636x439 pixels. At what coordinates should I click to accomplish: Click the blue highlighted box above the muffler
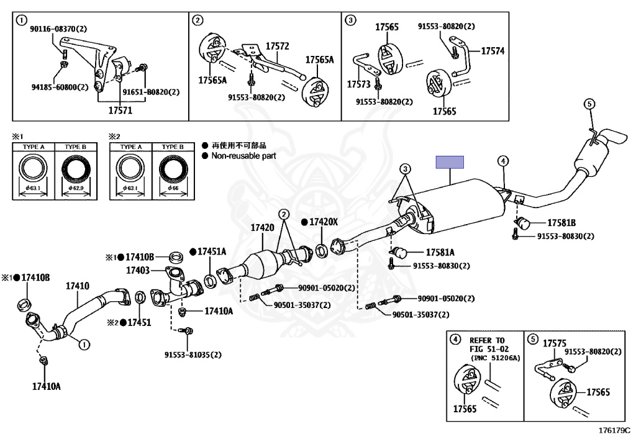(x=450, y=162)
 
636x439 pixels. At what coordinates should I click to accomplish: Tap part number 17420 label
(x=262, y=228)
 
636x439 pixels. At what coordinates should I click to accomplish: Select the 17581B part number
(x=561, y=223)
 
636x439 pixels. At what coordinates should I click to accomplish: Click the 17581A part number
(x=440, y=253)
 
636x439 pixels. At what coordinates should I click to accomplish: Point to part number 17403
(x=138, y=270)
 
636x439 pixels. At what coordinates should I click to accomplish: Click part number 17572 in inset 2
(x=278, y=46)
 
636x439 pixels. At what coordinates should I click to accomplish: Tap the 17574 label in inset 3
(x=493, y=50)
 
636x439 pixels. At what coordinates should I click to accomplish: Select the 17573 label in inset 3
(x=358, y=83)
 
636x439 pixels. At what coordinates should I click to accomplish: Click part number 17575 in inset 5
(x=555, y=343)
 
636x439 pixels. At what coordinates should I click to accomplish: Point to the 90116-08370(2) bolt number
(x=60, y=29)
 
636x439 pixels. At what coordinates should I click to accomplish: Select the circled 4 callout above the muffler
(x=502, y=161)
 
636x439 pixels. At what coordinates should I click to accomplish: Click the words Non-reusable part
(x=243, y=156)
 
